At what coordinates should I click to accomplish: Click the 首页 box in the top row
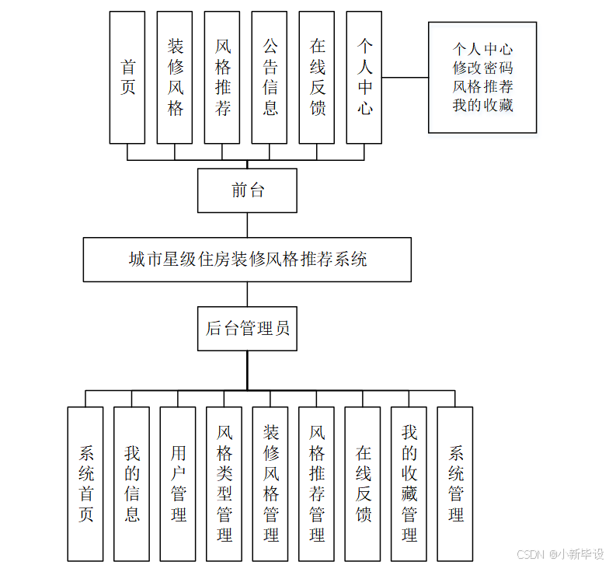coord(127,77)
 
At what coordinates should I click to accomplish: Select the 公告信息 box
coord(270,77)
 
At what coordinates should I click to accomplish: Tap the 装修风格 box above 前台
coord(175,77)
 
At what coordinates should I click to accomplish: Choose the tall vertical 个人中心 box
coord(364,77)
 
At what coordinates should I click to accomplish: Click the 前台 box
coord(247,190)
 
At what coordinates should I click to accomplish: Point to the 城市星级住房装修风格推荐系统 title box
coord(247,260)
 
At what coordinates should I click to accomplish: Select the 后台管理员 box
coord(247,328)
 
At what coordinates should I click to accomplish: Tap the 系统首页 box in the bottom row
coord(85,483)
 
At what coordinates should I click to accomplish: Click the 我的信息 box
coord(131,483)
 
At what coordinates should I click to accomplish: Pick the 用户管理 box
coord(178,483)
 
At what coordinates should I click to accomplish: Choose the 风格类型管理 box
coord(224,483)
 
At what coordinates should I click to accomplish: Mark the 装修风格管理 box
coord(270,483)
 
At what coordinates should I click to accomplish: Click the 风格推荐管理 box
coord(316,483)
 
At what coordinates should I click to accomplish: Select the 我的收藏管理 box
coord(409,483)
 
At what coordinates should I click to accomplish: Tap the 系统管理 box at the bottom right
coord(455,483)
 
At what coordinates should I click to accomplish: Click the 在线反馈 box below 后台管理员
coord(363,483)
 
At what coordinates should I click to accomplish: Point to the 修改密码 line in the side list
coord(482,68)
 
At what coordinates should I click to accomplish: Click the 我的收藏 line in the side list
coord(482,105)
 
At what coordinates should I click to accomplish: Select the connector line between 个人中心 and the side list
coord(405,77)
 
